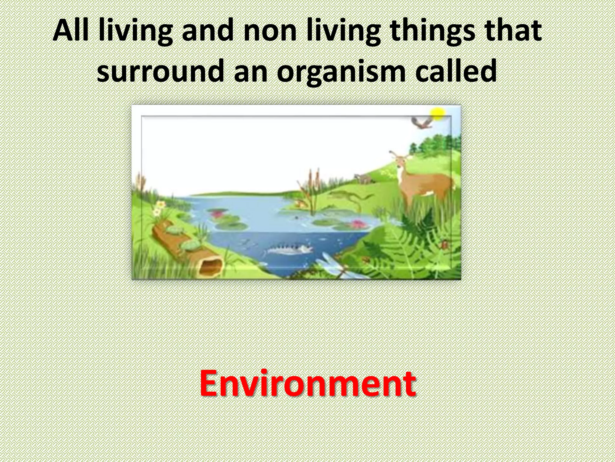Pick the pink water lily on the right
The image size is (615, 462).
pos(357,224)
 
